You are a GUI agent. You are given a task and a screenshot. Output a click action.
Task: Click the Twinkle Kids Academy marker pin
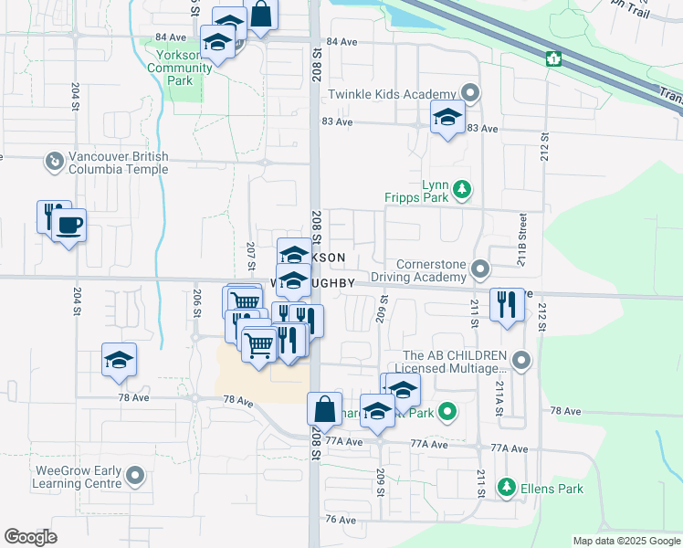(470, 93)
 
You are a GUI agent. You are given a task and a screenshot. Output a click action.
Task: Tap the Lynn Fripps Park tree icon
(463, 189)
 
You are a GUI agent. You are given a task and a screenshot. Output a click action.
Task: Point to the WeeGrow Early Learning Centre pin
(135, 476)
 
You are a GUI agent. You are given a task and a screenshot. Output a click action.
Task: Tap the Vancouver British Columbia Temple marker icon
(54, 162)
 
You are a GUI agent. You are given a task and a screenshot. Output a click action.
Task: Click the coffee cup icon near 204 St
(69, 225)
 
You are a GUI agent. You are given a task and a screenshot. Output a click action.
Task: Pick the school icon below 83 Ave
(447, 119)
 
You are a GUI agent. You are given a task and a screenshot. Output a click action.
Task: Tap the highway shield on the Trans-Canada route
(552, 59)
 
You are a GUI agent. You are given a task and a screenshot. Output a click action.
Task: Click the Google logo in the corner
(30, 537)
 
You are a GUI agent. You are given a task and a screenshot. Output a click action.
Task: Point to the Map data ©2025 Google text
(626, 541)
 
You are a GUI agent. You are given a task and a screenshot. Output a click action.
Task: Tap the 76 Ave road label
(340, 519)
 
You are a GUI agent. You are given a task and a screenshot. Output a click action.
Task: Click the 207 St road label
(250, 257)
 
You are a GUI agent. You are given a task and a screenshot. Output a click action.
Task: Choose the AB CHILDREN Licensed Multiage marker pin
(521, 361)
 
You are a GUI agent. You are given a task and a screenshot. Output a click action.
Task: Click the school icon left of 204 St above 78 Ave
(119, 360)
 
